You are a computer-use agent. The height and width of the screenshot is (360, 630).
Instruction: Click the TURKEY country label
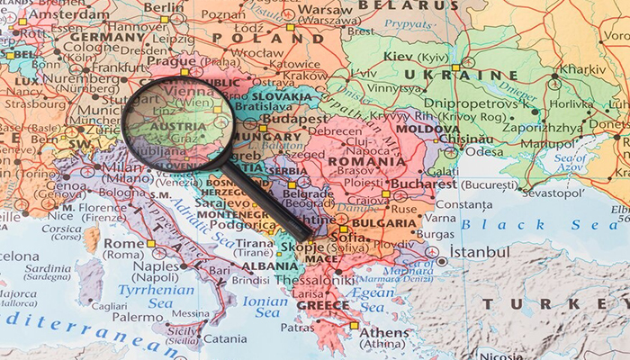coord(549,304)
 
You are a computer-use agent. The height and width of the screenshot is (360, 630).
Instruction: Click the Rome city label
coord(124,243)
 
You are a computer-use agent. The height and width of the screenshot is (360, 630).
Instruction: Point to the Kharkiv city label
coord(583,68)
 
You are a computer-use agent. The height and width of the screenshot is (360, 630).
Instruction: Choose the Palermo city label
coord(137,317)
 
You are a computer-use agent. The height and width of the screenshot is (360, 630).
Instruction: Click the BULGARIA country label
coord(384,222)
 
